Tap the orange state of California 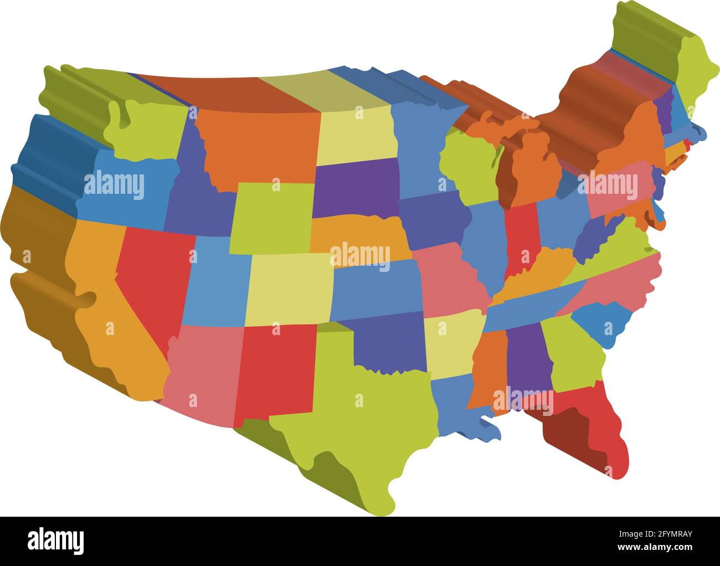click(111, 321)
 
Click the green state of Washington click(147, 130)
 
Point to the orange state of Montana click(255, 144)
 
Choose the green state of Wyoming click(271, 219)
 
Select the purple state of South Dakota click(354, 188)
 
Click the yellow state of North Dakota click(357, 136)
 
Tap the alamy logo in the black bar click(56, 539)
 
